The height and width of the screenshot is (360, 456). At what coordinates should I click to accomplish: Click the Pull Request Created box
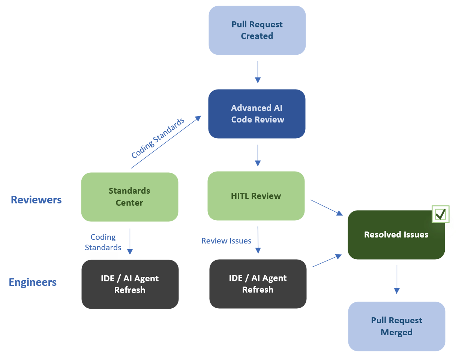[x=257, y=30]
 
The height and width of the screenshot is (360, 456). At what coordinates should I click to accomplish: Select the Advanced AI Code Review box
[x=257, y=114]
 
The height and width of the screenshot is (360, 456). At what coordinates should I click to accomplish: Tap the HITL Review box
[x=256, y=196]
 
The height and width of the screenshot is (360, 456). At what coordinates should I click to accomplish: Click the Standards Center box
[x=129, y=197]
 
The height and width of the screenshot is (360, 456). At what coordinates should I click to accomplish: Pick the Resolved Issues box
[x=396, y=235]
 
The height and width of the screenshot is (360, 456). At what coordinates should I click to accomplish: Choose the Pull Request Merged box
[x=396, y=326]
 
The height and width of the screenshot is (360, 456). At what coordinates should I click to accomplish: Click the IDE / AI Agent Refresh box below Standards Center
[x=130, y=284]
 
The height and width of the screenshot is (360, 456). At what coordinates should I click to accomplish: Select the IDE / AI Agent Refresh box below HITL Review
[x=258, y=284]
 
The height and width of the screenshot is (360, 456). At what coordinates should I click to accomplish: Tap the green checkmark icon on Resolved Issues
[x=440, y=214]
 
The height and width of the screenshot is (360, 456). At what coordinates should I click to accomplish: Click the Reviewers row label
[x=36, y=200]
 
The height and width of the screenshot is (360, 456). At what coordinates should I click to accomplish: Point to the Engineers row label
[x=33, y=282]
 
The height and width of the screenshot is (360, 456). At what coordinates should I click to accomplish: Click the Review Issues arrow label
[x=226, y=241]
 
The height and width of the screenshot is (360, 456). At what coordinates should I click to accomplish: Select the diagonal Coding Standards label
[x=158, y=138]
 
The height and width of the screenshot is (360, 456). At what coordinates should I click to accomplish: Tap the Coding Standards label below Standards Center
[x=103, y=242]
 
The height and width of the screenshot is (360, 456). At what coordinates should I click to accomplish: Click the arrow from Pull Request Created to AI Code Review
[x=258, y=72]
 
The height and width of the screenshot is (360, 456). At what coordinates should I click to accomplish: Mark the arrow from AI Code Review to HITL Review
[x=258, y=155]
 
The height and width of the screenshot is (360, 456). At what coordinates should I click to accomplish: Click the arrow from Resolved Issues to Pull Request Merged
[x=397, y=279]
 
